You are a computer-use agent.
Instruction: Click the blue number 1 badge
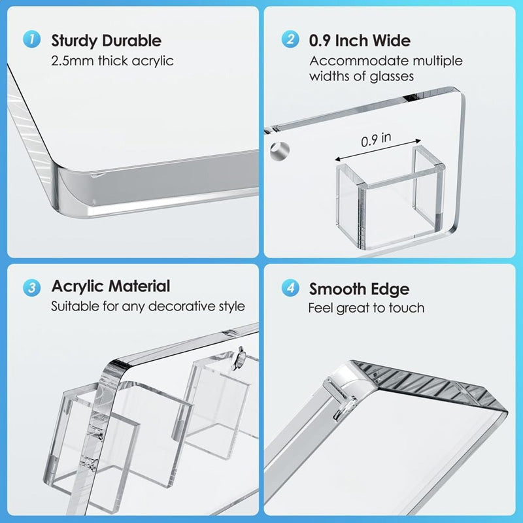[x=31, y=39]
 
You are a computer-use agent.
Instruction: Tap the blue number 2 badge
[x=290, y=39]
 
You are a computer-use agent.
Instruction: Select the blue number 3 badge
[x=31, y=288]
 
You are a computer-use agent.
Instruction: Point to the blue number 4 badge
[x=290, y=288]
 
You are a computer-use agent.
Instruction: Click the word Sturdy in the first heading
[x=74, y=41]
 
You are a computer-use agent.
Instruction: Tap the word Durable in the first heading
[x=132, y=41]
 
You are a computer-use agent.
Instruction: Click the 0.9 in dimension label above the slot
[x=376, y=139]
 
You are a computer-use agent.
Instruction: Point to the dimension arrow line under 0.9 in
[x=378, y=150]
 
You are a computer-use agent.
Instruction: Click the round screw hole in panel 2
[x=280, y=151]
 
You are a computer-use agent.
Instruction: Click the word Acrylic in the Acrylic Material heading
[x=77, y=287]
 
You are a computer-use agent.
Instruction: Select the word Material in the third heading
[x=139, y=286]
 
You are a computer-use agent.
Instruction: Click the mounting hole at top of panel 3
[x=240, y=358]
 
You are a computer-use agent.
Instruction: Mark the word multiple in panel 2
[x=437, y=61]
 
